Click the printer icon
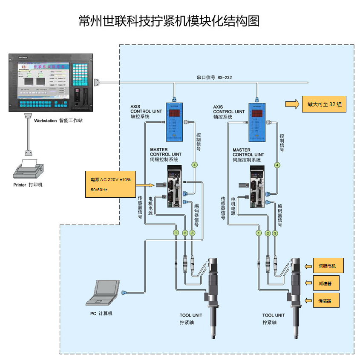coord(28,169)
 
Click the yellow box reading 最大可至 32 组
coord(324,104)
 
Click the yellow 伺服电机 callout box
coord(327,266)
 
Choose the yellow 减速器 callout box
coord(327,283)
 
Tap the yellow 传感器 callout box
coord(327,301)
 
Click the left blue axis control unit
coord(174,121)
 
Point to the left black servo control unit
coord(174,187)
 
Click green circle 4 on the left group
coord(195,164)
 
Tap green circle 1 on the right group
coord(258,233)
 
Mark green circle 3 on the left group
coord(192,233)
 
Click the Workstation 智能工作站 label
coord(58,121)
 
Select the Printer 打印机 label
coord(28,185)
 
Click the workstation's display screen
coord(43,81)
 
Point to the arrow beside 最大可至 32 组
coord(292,104)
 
